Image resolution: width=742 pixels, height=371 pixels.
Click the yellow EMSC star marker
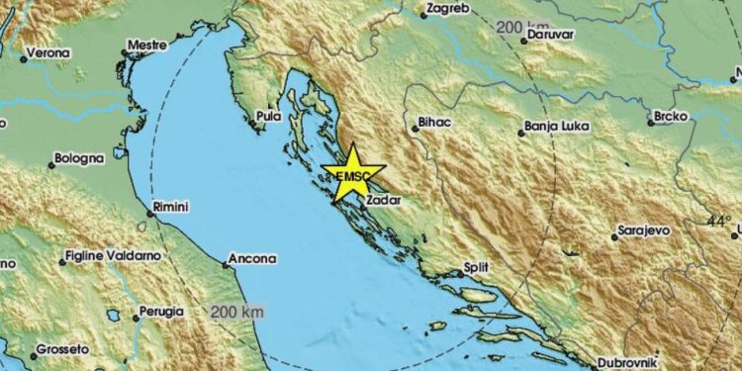click(351, 175)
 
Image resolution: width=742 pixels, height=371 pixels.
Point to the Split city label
click(475, 267)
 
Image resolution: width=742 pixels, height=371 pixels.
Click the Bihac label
click(433, 127)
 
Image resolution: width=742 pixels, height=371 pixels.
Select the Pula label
click(268, 116)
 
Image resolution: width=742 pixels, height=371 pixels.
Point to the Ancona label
click(251, 259)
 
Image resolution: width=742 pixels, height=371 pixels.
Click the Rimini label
click(170, 207)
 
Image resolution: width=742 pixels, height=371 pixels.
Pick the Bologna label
click(78, 157)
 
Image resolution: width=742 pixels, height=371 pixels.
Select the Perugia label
click(161, 311)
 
